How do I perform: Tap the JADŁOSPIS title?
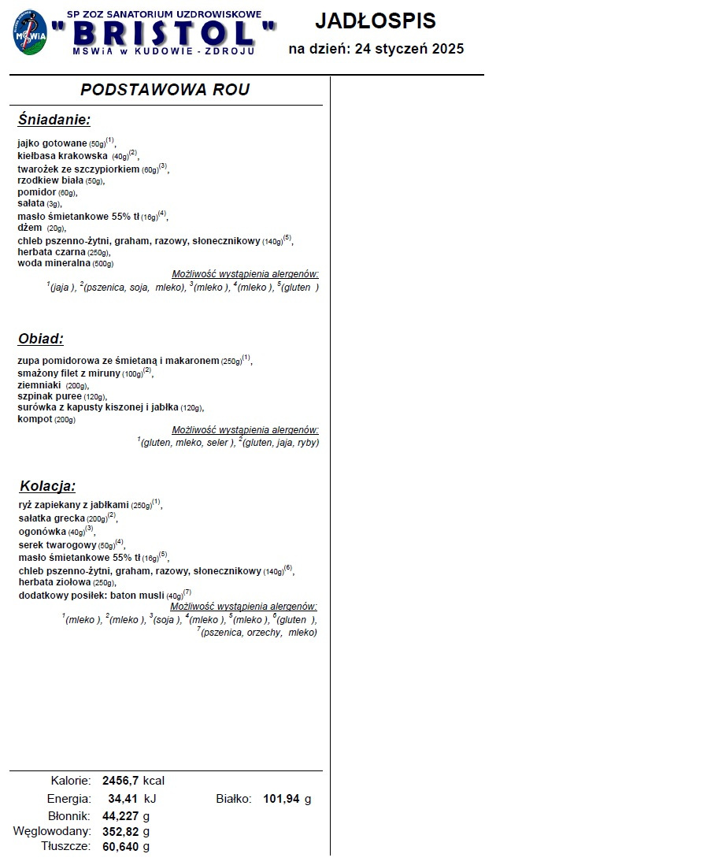click(376, 21)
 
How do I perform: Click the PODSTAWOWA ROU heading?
click(165, 90)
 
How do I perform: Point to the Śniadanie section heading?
click(54, 121)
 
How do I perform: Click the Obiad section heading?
click(40, 340)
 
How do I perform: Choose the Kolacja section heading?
click(47, 486)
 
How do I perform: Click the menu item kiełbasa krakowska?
click(63, 156)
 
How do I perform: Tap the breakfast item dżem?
click(30, 228)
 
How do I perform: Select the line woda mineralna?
click(54, 263)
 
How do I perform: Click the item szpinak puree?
click(50, 396)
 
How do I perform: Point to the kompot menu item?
click(35, 419)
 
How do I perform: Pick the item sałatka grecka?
click(51, 519)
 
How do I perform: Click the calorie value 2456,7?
click(120, 781)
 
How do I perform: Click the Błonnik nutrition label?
click(69, 816)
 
